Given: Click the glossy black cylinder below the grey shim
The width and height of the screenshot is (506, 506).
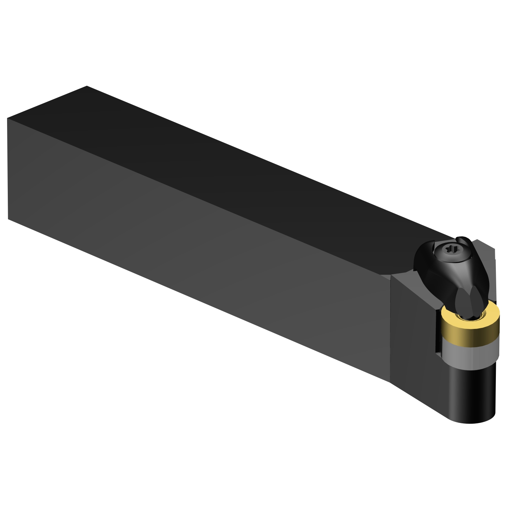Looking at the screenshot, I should (x=472, y=391).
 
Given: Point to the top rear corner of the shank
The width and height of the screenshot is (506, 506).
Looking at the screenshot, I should (x=87, y=86).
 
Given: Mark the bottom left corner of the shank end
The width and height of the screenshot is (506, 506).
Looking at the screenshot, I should (x=8, y=219).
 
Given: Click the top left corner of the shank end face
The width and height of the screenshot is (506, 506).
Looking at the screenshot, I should (x=7, y=119).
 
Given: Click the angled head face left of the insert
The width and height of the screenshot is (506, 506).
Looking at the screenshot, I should (x=415, y=324).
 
